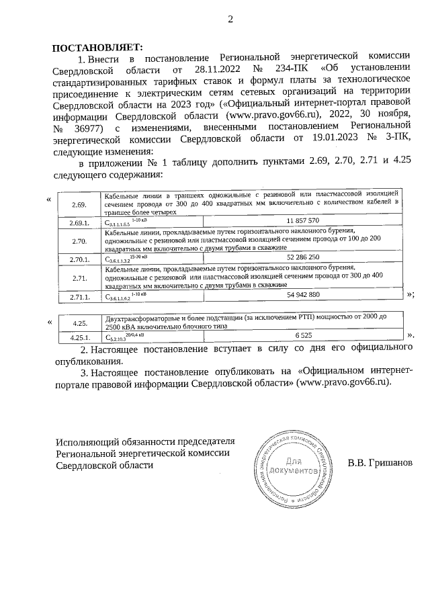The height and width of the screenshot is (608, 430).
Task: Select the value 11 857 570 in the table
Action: tap(302, 220)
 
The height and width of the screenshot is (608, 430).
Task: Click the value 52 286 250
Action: tap(302, 257)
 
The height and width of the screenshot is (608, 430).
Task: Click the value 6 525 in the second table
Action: tap(302, 335)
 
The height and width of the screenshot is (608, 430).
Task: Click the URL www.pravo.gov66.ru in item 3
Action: tap(343, 382)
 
